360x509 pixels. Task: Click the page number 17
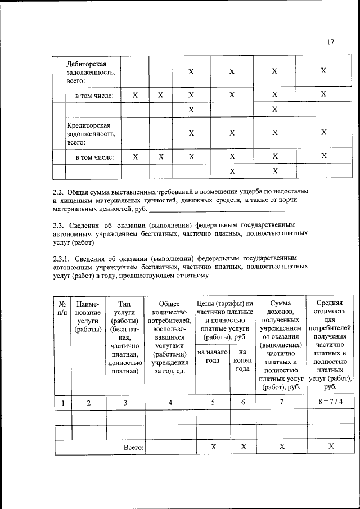(330, 42)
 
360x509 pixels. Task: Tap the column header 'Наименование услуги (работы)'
(89, 317)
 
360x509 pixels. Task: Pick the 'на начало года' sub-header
(212, 356)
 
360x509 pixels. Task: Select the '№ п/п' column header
(62, 308)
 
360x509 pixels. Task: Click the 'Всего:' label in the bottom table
(133, 447)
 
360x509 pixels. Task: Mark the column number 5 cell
(213, 402)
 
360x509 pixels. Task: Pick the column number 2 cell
(89, 402)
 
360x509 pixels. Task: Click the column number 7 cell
(281, 402)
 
